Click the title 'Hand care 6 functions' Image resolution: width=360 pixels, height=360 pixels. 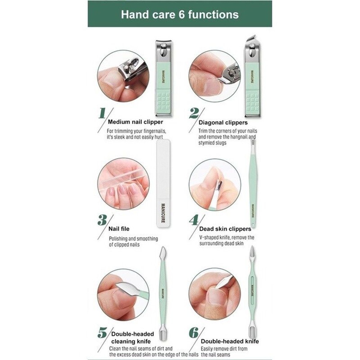click(180, 14)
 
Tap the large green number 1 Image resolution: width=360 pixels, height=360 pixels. click(102, 113)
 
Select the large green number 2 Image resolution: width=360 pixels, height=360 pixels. click(194, 113)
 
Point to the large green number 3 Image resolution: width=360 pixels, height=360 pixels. click(102, 220)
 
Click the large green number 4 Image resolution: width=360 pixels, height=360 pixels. click(194, 220)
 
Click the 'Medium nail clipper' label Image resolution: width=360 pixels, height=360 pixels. click(135, 122)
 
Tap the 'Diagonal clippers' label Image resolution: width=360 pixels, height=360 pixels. click(223, 122)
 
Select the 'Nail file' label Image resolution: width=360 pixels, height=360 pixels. click(119, 229)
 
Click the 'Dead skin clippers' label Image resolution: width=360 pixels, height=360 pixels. click(225, 229)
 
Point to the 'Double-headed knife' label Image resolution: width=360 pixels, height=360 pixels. click(230, 341)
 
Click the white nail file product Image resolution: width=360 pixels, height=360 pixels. click(163, 184)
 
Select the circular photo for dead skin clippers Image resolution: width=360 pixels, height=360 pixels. click(215, 185)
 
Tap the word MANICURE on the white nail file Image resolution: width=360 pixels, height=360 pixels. click(163, 212)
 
